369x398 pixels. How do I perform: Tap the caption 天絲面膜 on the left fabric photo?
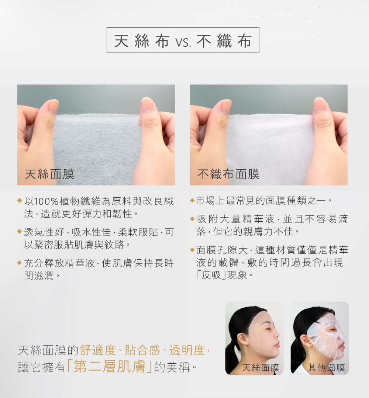click(x=49, y=174)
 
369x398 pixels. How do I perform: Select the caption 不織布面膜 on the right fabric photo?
click(x=228, y=174)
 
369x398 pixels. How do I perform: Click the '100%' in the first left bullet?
click(x=46, y=201)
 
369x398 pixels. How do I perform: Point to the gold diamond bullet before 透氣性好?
click(x=19, y=231)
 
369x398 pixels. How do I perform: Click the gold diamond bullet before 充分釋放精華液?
click(x=19, y=263)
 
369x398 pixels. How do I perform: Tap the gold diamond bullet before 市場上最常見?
click(x=192, y=201)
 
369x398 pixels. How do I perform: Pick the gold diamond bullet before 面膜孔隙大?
click(x=192, y=250)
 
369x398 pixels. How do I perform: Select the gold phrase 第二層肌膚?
click(x=109, y=366)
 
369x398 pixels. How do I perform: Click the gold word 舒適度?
click(x=98, y=350)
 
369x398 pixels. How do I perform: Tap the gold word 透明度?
click(x=187, y=350)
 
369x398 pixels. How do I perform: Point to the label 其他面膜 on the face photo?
click(x=326, y=367)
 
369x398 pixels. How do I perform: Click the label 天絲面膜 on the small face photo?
click(x=261, y=367)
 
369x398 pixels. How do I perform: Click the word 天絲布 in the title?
click(x=142, y=41)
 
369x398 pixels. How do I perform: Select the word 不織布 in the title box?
click(x=224, y=41)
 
